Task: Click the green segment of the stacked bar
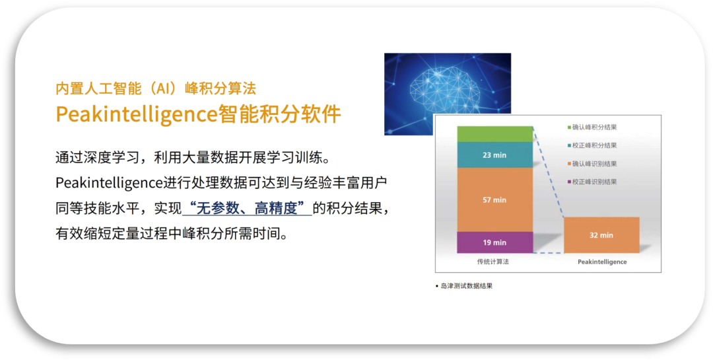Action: pyautogui.click(x=494, y=134)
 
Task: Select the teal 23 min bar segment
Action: pyautogui.click(x=494, y=155)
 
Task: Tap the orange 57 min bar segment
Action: pyautogui.click(x=494, y=199)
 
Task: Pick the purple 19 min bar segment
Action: pyautogui.click(x=494, y=242)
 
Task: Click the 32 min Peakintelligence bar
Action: pyautogui.click(x=601, y=235)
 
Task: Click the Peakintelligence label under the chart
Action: pyautogui.click(x=602, y=262)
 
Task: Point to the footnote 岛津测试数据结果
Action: pyautogui.click(x=466, y=286)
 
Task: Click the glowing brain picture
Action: pyautogui.click(x=448, y=94)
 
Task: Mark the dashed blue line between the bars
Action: pyautogui.click(x=549, y=172)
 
